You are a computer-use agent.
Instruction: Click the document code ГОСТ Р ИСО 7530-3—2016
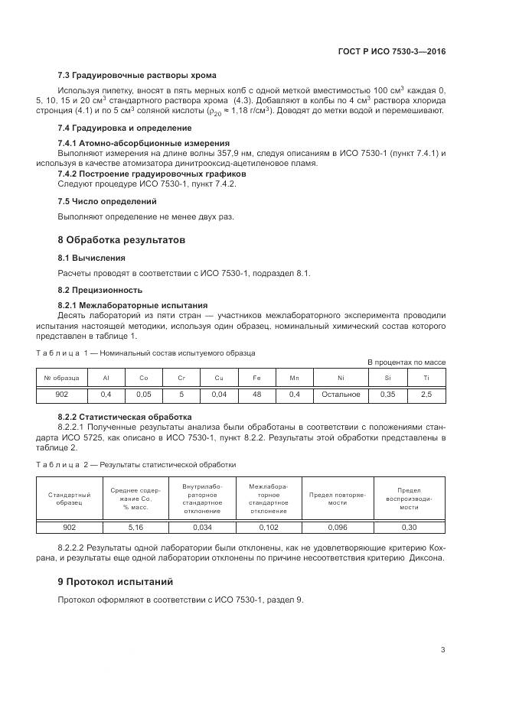pos(391,51)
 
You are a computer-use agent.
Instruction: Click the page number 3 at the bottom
pos(442,651)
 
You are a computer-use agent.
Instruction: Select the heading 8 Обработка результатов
pos(121,239)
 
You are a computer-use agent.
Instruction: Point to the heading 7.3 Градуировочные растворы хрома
pos(136,75)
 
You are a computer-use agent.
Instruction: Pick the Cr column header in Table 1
pos(181,378)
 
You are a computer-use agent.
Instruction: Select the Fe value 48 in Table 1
pos(256,394)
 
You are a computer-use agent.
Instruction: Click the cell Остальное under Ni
pos(341,394)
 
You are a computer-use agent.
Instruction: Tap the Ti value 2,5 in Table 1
pos(426,394)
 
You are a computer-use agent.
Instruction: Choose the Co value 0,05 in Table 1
pos(143,394)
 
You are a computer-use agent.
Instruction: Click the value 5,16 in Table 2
pos(135,528)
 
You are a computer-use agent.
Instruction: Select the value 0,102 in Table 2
pos(269,528)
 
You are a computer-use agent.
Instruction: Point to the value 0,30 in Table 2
pos(410,528)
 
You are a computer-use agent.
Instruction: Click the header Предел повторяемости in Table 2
pos(337,499)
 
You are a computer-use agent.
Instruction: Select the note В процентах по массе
pos(406,362)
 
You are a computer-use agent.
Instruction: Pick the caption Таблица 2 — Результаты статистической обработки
pos(137,464)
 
